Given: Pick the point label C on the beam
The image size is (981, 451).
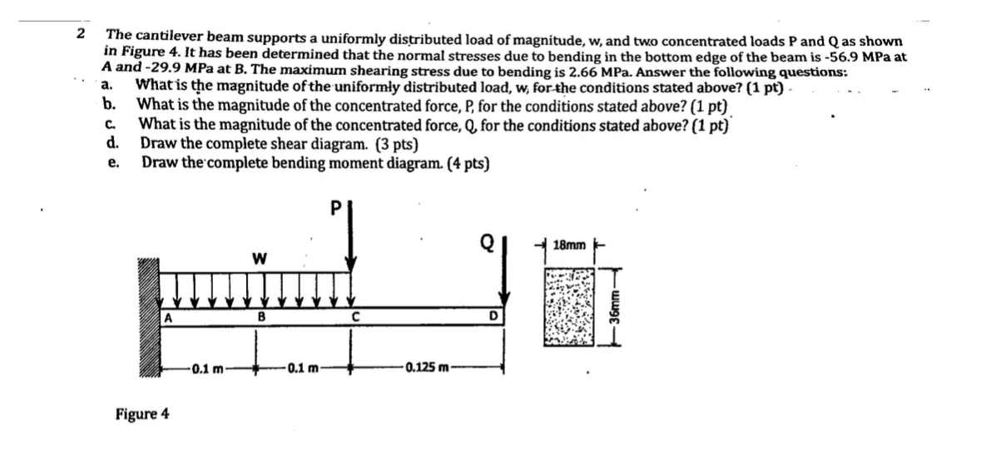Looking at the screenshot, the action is coord(354,316).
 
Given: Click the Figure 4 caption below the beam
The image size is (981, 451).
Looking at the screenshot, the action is coord(142,414).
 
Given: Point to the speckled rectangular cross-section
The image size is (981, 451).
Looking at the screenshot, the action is coord(570,306).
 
